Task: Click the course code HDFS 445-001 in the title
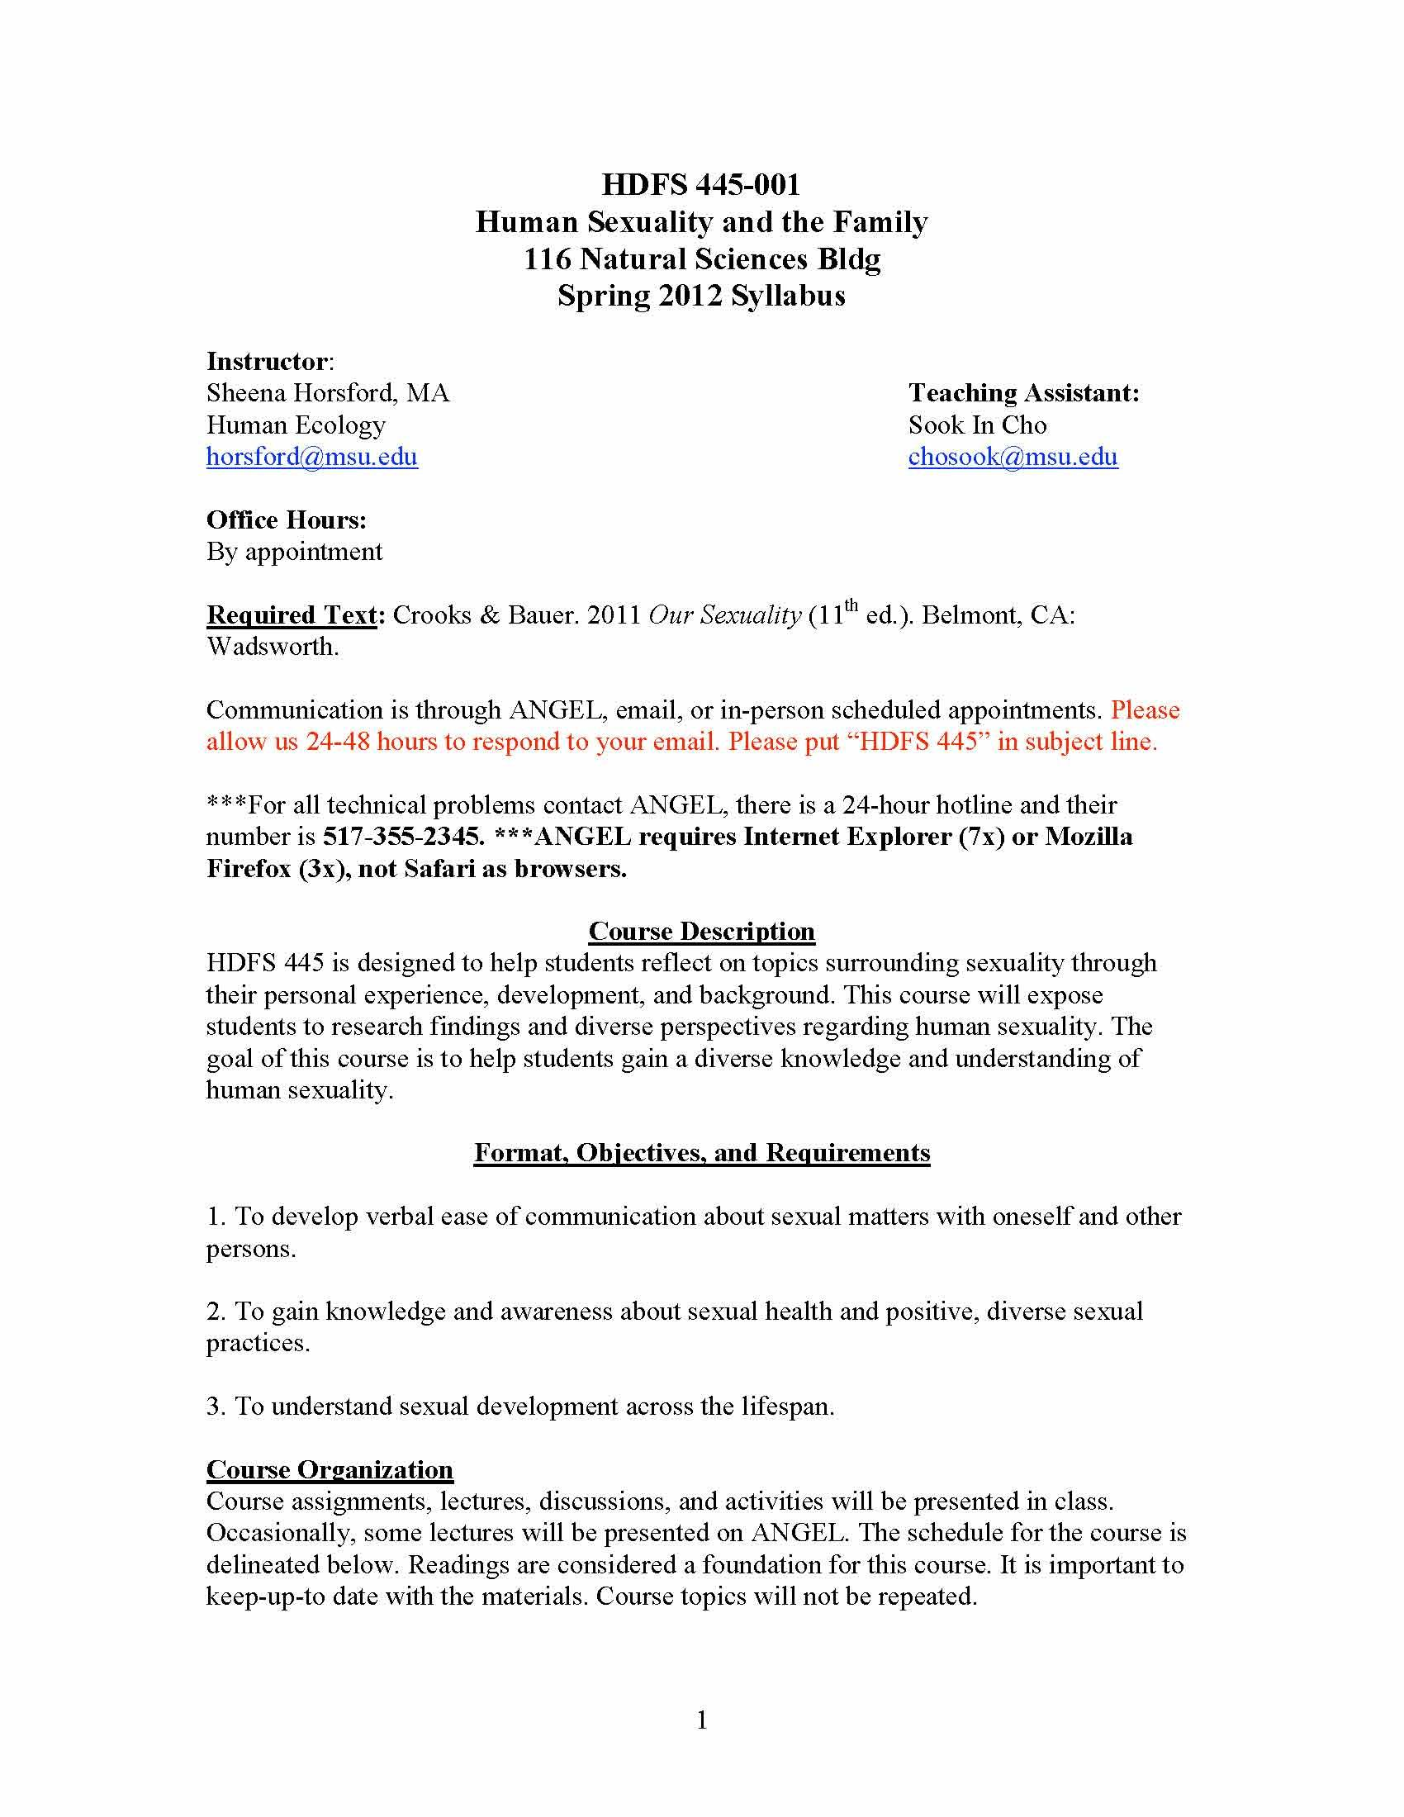[x=700, y=184]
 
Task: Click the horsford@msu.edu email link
[x=312, y=457]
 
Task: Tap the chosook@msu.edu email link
[x=1013, y=457]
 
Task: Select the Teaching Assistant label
[x=1023, y=392]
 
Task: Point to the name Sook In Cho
[x=976, y=425]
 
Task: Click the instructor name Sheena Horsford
[x=303, y=392]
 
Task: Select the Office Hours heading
[x=286, y=520]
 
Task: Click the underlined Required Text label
[x=291, y=614]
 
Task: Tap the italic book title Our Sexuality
[x=723, y=614]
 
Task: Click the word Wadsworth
[x=272, y=647]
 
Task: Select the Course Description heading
[x=701, y=931]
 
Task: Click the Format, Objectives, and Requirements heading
[x=701, y=1152]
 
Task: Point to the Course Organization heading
[x=330, y=1469]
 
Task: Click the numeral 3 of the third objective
[x=213, y=1406]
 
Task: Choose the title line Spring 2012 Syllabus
[x=701, y=296]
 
